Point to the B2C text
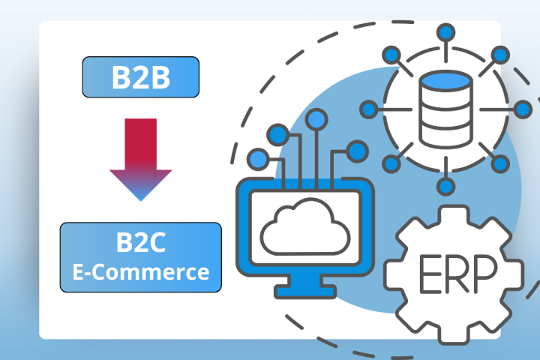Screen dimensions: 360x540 (140, 244)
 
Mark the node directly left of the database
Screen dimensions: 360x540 (369, 109)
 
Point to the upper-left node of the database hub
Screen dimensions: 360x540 (392, 54)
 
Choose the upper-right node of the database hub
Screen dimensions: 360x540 (501, 54)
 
